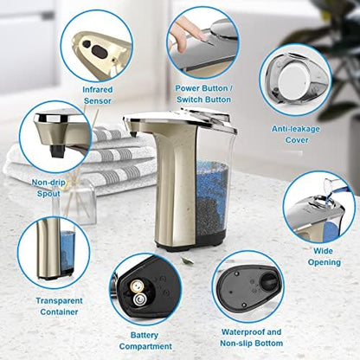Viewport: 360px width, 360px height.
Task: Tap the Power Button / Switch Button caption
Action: point(204,93)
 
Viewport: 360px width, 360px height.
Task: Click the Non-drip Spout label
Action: point(48,188)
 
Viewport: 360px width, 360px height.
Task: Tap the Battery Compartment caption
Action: point(145,339)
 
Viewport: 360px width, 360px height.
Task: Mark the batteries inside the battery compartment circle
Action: point(138,292)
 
